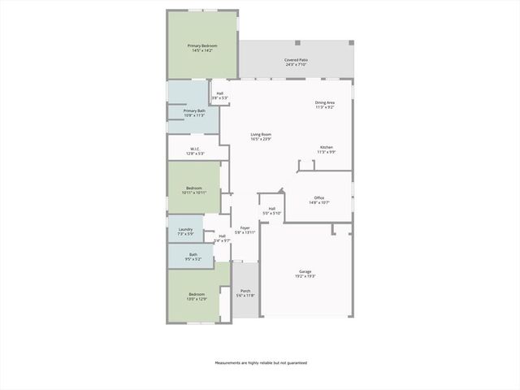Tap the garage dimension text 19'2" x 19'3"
305,277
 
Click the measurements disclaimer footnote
261,362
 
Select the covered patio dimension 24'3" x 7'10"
296,65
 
